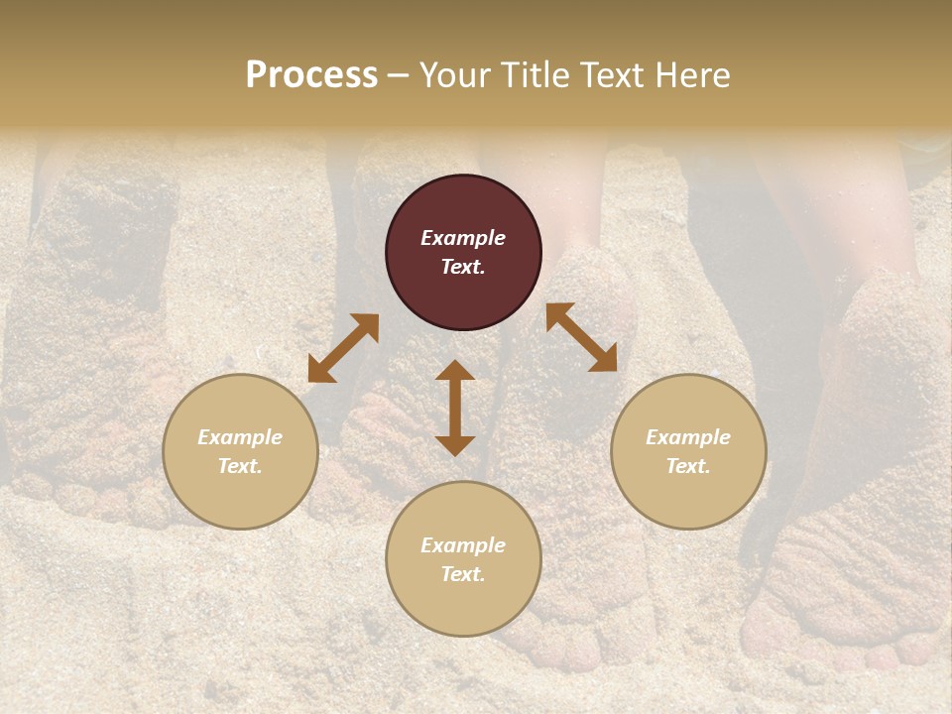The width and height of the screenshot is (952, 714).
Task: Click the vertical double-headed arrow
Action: pyautogui.click(x=455, y=408)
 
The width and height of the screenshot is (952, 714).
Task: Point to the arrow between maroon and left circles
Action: pyautogui.click(x=343, y=348)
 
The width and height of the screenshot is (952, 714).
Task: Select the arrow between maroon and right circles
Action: pyautogui.click(x=581, y=337)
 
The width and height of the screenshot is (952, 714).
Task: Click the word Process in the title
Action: pyautogui.click(x=311, y=75)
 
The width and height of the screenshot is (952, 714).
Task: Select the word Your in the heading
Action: pyautogui.click(x=452, y=75)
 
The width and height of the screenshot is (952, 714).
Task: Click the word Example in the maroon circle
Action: pyautogui.click(x=463, y=238)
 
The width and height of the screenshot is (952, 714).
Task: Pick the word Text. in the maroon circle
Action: pyautogui.click(x=463, y=267)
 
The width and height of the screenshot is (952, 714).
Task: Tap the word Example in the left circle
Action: pyautogui.click(x=240, y=437)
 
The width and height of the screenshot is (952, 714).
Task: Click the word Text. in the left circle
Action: pyautogui.click(x=240, y=466)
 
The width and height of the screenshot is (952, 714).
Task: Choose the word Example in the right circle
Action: pyautogui.click(x=688, y=437)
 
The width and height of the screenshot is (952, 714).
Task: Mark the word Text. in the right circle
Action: pyautogui.click(x=688, y=466)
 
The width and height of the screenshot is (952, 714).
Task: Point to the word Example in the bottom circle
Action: pyautogui.click(x=463, y=545)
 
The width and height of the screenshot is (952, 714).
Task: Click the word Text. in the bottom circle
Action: pyautogui.click(x=463, y=574)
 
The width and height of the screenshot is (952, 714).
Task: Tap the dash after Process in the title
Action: pyautogui.click(x=399, y=76)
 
